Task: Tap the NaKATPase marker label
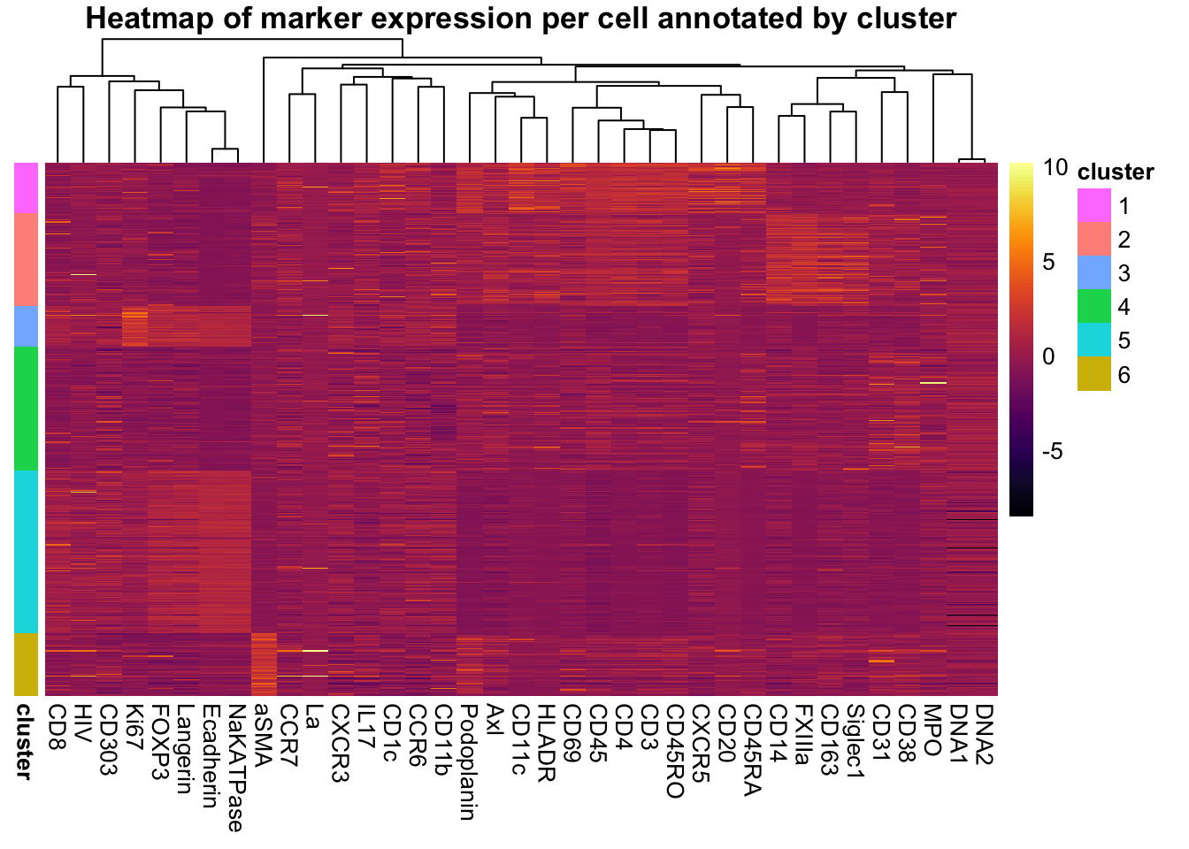click(x=235, y=768)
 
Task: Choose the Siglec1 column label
click(x=855, y=741)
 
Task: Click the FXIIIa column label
click(x=802, y=734)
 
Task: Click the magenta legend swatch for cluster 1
click(x=1093, y=206)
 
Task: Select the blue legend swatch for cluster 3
click(x=1093, y=273)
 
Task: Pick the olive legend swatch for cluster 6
click(x=1093, y=374)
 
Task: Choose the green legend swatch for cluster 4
click(x=1093, y=307)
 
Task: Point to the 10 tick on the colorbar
click(x=1055, y=168)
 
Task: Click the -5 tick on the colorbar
click(x=1053, y=452)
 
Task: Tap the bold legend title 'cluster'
click(x=1115, y=172)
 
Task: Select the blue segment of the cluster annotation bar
click(x=27, y=325)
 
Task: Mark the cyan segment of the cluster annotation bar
click(x=27, y=551)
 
